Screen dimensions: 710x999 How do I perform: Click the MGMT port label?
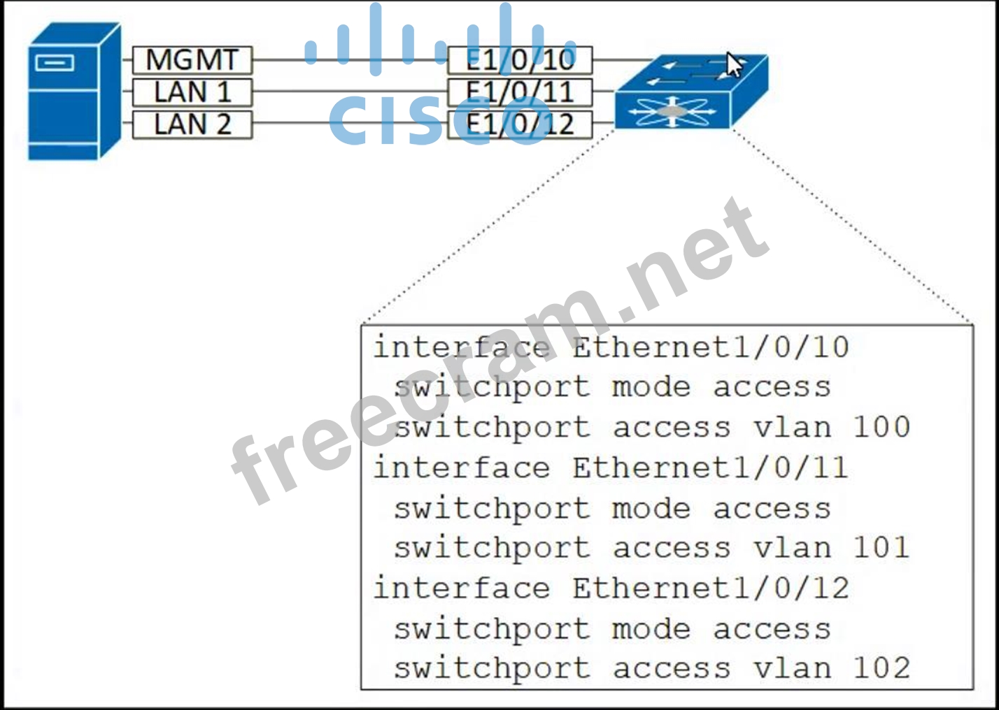click(x=192, y=60)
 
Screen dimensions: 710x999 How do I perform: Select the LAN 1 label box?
click(x=192, y=92)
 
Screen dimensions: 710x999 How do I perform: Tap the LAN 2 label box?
click(x=192, y=124)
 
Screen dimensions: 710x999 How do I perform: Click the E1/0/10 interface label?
click(x=520, y=60)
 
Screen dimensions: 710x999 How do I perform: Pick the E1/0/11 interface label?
click(x=520, y=92)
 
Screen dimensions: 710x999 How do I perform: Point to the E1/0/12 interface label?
click(x=520, y=124)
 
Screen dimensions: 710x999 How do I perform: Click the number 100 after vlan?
click(x=881, y=427)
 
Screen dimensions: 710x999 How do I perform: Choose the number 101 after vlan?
click(x=881, y=548)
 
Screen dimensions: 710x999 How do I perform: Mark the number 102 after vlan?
click(x=881, y=669)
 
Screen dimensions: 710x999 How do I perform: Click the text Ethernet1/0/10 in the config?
click(x=710, y=347)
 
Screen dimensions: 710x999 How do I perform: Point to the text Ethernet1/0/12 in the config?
click(x=710, y=588)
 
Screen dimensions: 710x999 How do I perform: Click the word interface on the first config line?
click(x=461, y=347)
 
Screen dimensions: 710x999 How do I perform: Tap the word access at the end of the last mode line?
click(x=772, y=629)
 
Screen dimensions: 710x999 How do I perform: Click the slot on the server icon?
click(x=54, y=64)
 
